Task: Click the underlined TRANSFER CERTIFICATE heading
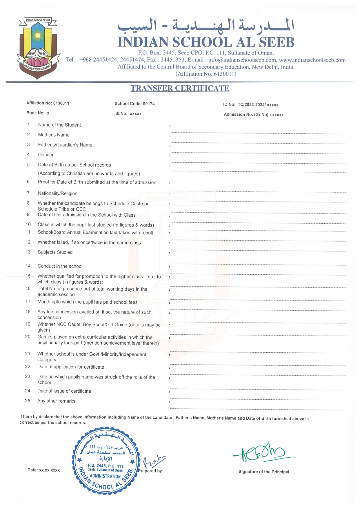click(180, 88)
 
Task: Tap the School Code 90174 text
click(134, 104)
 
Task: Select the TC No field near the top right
click(250, 105)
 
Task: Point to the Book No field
click(38, 113)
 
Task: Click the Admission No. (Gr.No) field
click(254, 115)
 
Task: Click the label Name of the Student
click(59, 125)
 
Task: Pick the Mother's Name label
click(54, 135)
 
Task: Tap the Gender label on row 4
click(46, 155)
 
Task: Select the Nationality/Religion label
click(57, 193)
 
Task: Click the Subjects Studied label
click(55, 252)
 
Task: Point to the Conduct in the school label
click(60, 266)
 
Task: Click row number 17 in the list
click(28, 302)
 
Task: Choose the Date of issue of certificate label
click(64, 391)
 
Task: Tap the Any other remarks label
click(56, 401)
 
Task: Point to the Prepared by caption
click(150, 471)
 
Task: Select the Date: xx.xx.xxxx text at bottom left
click(43, 470)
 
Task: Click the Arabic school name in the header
click(206, 25)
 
